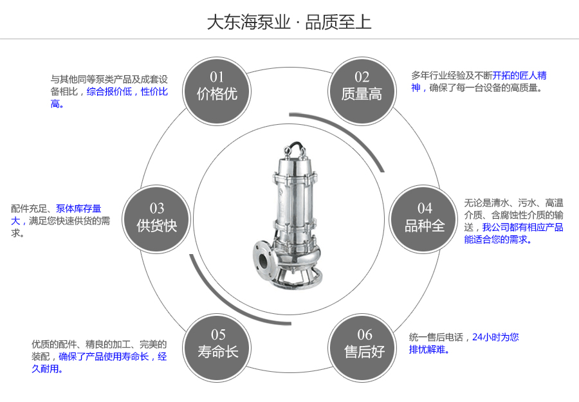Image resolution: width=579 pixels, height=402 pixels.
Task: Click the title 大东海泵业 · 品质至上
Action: click(x=289, y=23)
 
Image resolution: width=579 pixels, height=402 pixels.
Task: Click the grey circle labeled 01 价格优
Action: click(x=217, y=87)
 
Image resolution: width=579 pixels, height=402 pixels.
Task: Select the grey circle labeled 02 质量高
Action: click(x=362, y=87)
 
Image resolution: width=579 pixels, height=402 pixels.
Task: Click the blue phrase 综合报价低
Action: click(x=109, y=92)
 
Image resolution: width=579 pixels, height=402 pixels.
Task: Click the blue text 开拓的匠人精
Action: click(x=520, y=75)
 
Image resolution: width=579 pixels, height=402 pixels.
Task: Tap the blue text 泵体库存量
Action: click(x=78, y=208)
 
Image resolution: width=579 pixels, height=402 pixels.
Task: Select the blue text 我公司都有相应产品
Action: click(x=522, y=227)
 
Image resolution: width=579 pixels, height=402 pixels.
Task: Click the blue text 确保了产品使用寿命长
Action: click(x=104, y=356)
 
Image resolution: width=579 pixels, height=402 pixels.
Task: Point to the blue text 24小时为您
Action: click(x=495, y=336)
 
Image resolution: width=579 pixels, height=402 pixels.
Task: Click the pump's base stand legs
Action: click(x=293, y=277)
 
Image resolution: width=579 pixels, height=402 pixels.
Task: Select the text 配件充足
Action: click(x=29, y=208)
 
